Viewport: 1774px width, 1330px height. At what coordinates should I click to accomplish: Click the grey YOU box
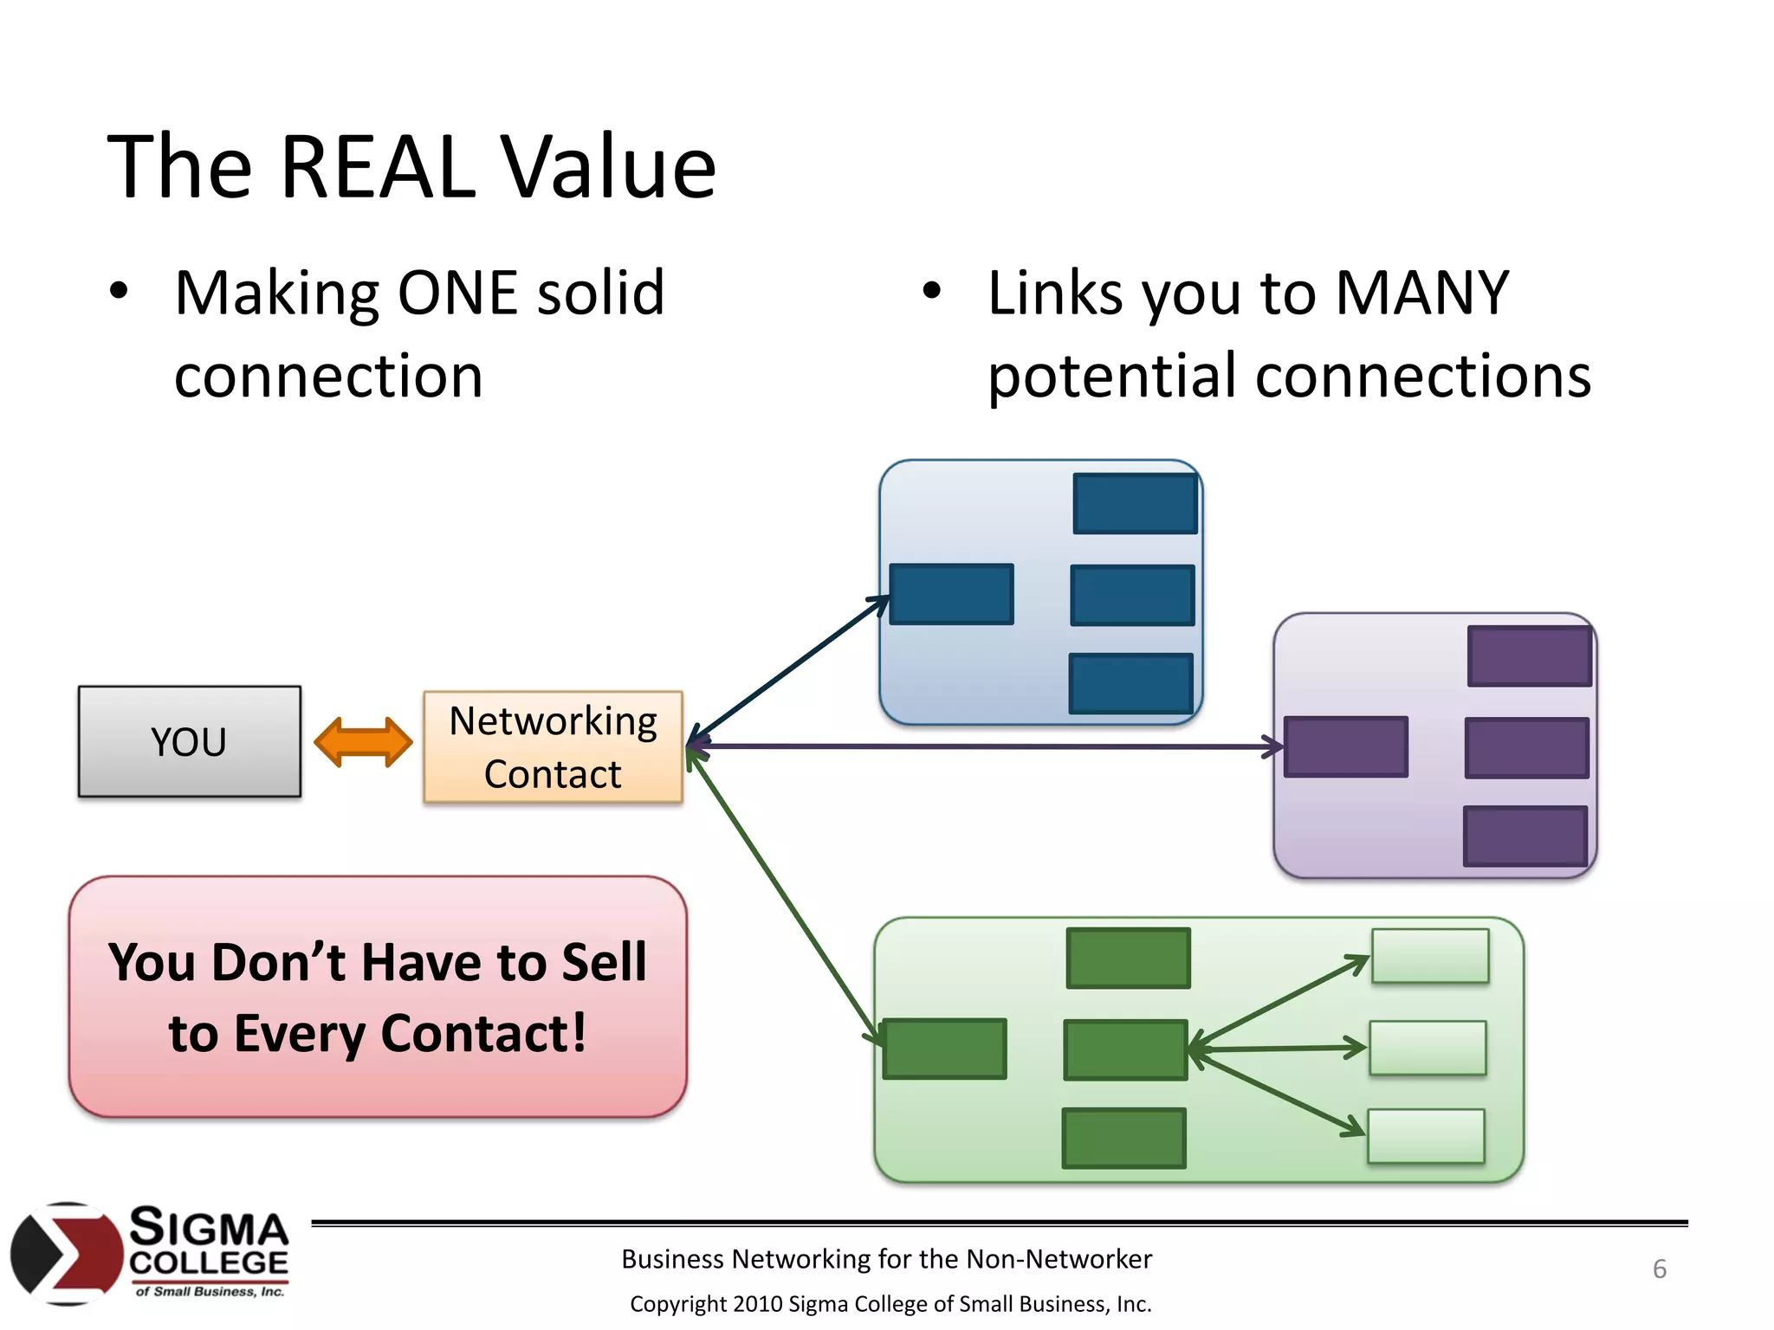click(189, 741)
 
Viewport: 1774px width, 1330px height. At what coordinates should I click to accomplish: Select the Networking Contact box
click(553, 746)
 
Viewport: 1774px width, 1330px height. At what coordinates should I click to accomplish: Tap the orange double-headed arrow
click(363, 742)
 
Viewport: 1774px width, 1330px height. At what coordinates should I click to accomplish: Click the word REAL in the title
click(378, 166)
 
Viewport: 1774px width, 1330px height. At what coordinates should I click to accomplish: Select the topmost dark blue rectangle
click(1135, 503)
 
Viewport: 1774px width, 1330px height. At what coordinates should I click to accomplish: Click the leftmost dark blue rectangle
click(951, 594)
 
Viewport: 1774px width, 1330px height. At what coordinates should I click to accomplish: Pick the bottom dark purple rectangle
click(1525, 836)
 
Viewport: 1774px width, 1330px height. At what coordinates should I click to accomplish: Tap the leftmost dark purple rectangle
click(1345, 746)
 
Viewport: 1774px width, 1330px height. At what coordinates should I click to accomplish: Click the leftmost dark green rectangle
click(944, 1049)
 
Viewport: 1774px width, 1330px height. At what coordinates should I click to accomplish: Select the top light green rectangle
click(1430, 956)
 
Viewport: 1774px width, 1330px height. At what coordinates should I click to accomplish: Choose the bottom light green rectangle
click(1426, 1136)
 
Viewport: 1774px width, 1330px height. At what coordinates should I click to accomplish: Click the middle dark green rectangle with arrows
click(1124, 1049)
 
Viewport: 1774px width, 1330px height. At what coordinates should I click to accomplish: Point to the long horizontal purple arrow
click(987, 746)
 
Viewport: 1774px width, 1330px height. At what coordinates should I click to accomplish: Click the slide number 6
click(1659, 1269)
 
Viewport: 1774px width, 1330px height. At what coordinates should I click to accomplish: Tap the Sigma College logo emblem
click(66, 1253)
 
